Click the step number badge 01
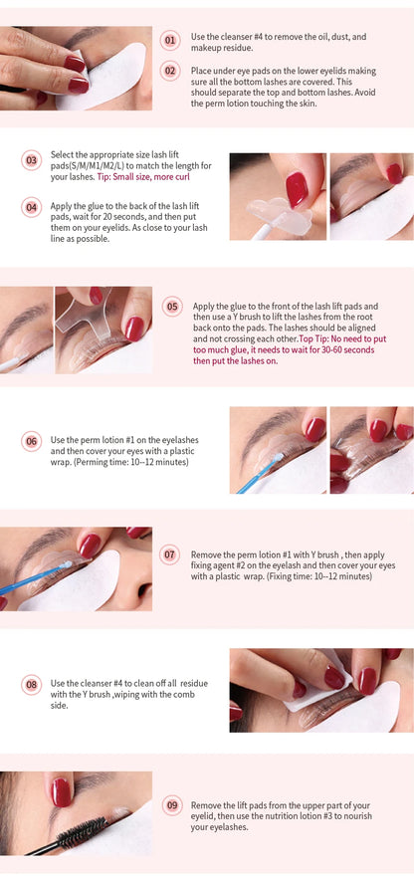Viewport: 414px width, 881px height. [170, 41]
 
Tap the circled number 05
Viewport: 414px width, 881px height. [172, 306]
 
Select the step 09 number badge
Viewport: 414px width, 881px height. [172, 804]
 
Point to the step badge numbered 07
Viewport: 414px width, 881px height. [170, 553]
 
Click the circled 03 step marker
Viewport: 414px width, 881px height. [31, 160]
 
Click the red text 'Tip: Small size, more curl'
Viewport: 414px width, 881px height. [143, 176]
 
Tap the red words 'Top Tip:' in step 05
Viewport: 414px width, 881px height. [316, 337]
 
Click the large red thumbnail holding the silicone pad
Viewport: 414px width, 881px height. [296, 188]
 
